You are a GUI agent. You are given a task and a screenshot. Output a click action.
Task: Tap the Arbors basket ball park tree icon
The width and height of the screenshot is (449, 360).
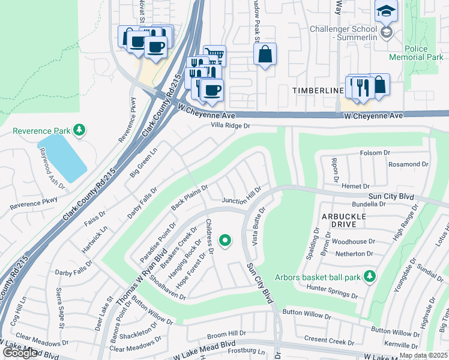370,276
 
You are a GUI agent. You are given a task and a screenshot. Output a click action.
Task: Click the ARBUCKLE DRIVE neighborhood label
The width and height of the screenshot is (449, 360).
348,220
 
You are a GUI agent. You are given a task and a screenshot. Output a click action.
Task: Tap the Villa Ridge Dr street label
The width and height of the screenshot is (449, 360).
230,126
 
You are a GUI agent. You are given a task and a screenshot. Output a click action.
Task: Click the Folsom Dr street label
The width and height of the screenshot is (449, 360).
375,153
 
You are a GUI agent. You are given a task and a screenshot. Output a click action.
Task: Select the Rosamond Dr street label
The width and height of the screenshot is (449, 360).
408,164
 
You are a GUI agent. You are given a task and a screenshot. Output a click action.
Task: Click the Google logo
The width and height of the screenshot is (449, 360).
20,353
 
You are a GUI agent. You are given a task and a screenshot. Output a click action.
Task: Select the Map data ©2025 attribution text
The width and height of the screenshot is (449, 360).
423,355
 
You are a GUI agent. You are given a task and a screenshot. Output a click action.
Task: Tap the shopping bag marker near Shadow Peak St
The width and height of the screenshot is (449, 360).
265,55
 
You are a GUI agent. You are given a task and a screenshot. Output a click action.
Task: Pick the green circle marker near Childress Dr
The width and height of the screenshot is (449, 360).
226,241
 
